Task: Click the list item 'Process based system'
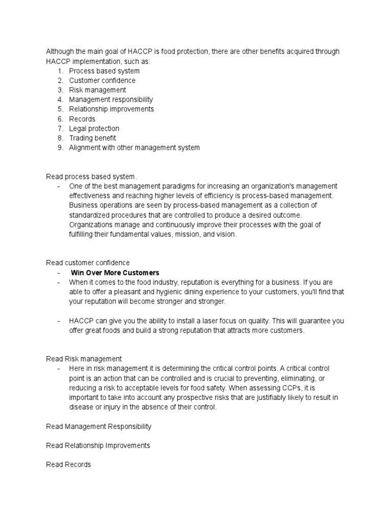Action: [x=104, y=71]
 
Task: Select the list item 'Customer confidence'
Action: [x=102, y=80]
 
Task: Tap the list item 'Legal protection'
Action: [x=94, y=128]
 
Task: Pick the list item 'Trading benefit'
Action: [x=92, y=138]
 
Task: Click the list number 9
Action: [x=59, y=148]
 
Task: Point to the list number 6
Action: [x=59, y=119]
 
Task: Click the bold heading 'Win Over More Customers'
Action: [x=115, y=273]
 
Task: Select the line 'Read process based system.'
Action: [x=91, y=177]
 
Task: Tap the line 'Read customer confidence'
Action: [x=88, y=263]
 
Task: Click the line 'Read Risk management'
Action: [x=84, y=359]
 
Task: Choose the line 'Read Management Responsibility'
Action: [x=99, y=426]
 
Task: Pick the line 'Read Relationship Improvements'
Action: [x=98, y=445]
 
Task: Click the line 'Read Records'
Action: [x=68, y=465]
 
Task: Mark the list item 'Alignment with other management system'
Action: [x=134, y=148]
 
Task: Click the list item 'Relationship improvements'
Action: [x=111, y=109]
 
